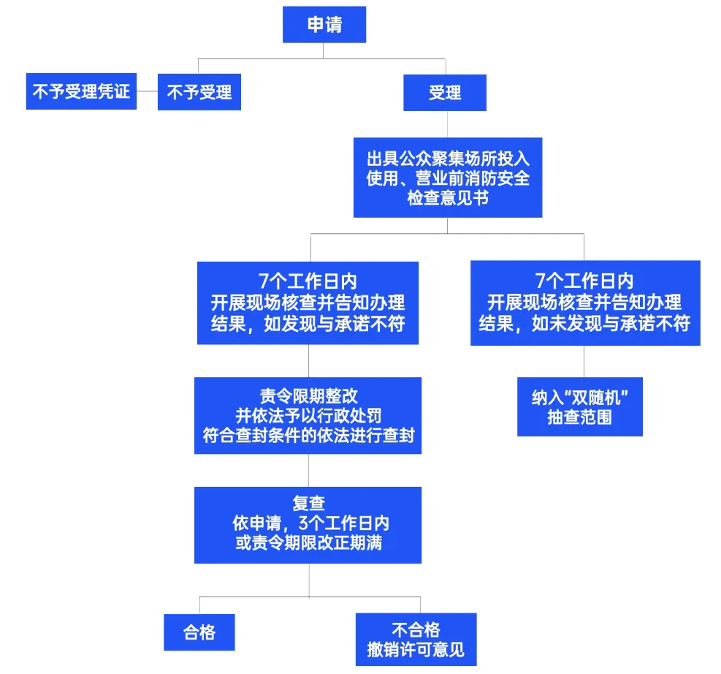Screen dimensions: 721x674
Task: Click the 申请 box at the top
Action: [324, 24]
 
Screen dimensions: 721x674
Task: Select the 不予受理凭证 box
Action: [81, 91]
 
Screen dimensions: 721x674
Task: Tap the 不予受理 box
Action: [199, 92]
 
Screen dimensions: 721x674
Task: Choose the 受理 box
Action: [445, 92]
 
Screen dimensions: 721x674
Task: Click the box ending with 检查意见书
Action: [448, 178]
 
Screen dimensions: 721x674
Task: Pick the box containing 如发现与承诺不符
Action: [308, 303]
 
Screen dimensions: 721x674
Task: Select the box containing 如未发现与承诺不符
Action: [585, 303]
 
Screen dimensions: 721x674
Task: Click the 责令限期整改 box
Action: [308, 415]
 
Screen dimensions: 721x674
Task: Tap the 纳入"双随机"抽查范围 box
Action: [580, 406]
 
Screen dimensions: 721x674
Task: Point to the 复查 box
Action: [308, 525]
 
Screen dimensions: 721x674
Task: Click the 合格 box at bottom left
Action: [199, 632]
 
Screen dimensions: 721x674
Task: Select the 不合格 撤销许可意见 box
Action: [416, 639]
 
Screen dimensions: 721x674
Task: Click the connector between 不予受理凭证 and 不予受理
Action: [147, 91]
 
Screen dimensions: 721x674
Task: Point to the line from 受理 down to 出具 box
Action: [447, 124]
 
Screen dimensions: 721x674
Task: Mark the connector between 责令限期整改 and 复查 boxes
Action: [308, 470]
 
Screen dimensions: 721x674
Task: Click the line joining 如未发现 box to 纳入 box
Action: [584, 361]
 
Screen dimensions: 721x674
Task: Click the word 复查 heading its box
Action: [308, 504]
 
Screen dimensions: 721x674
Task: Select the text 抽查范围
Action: [580, 417]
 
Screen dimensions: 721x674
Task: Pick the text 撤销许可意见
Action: [416, 650]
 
